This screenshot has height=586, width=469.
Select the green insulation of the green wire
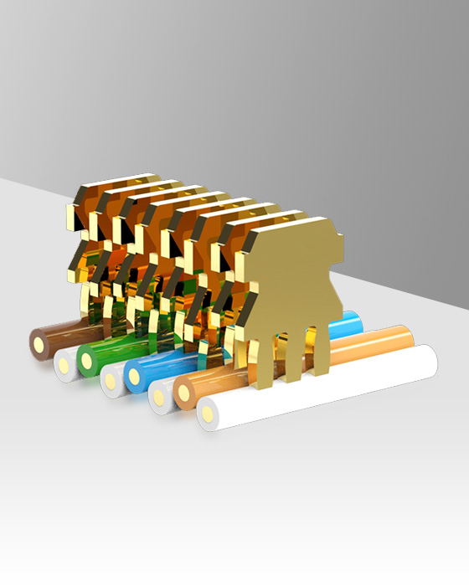pyautogui.click(x=113, y=352)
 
